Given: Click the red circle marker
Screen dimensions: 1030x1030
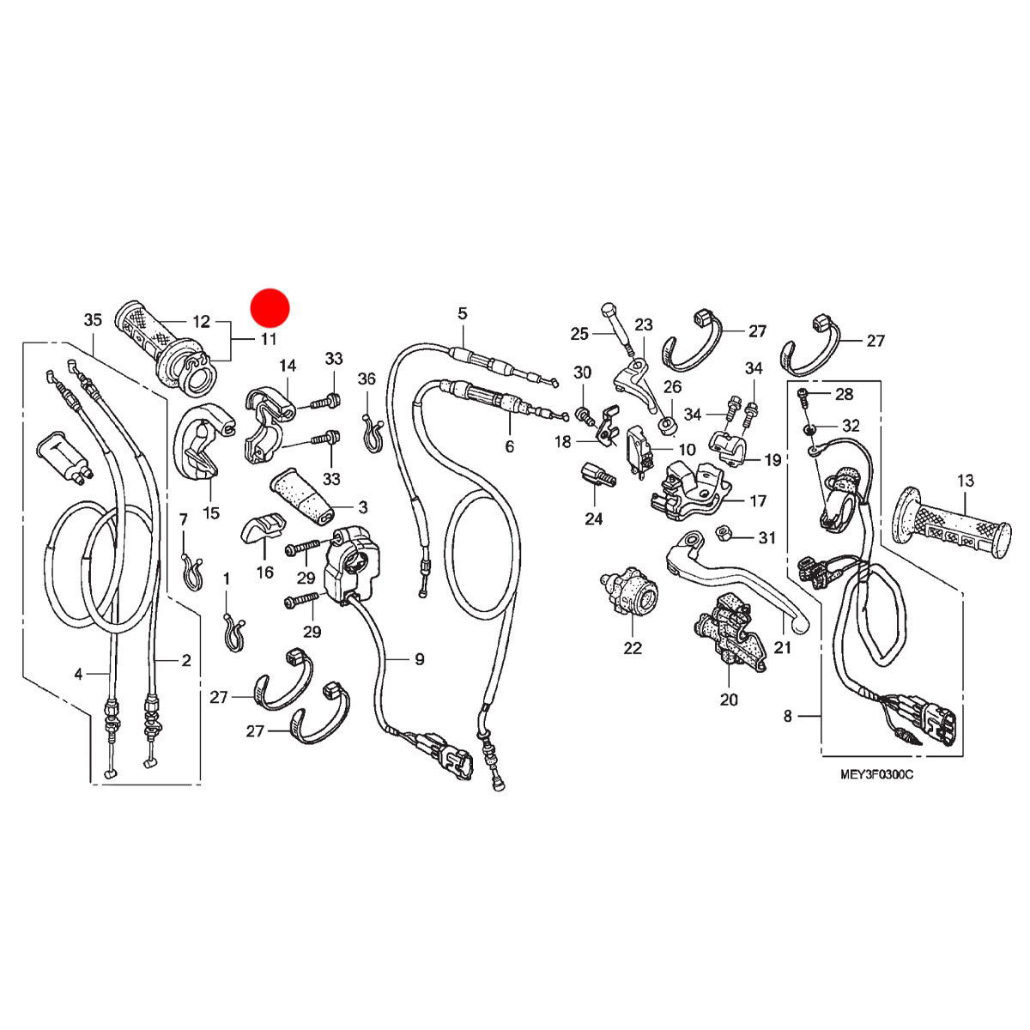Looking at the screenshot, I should coord(270,307).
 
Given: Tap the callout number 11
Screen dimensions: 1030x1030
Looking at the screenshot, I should coord(269,339).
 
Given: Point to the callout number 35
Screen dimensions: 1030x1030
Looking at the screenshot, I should coord(93,320).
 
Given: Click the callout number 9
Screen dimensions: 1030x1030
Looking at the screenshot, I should coord(420,659).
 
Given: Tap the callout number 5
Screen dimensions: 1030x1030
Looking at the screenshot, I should coord(463,312).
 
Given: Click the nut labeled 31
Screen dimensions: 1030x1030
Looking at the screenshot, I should coord(723,534).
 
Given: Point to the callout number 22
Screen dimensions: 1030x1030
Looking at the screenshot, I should coord(633,648).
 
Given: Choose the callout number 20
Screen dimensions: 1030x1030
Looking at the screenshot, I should coord(729,700).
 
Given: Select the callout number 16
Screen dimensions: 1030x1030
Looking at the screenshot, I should coord(264,573).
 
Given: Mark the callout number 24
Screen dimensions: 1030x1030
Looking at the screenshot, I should coord(594,518).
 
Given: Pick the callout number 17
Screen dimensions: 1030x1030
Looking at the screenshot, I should coord(759,500).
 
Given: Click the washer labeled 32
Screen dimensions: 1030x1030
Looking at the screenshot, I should coord(811,427).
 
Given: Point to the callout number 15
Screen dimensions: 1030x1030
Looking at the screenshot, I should coord(211,513).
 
